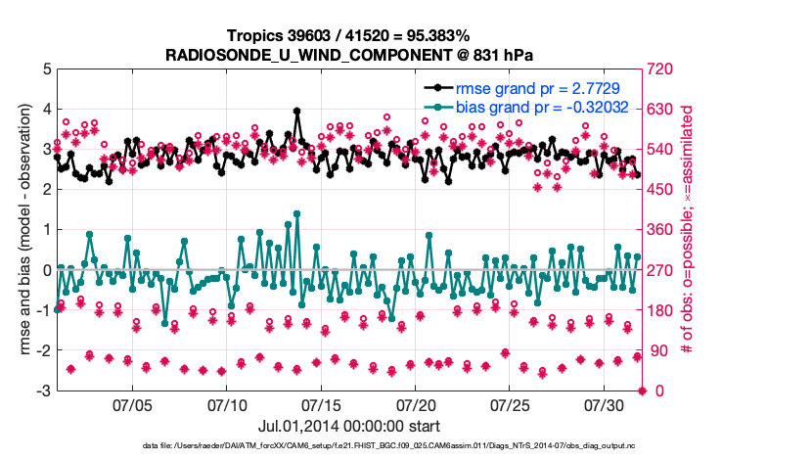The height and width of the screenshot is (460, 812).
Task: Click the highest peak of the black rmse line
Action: (296, 112)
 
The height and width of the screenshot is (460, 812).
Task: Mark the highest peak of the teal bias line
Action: (296, 213)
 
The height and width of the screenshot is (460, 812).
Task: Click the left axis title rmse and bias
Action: (19, 230)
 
